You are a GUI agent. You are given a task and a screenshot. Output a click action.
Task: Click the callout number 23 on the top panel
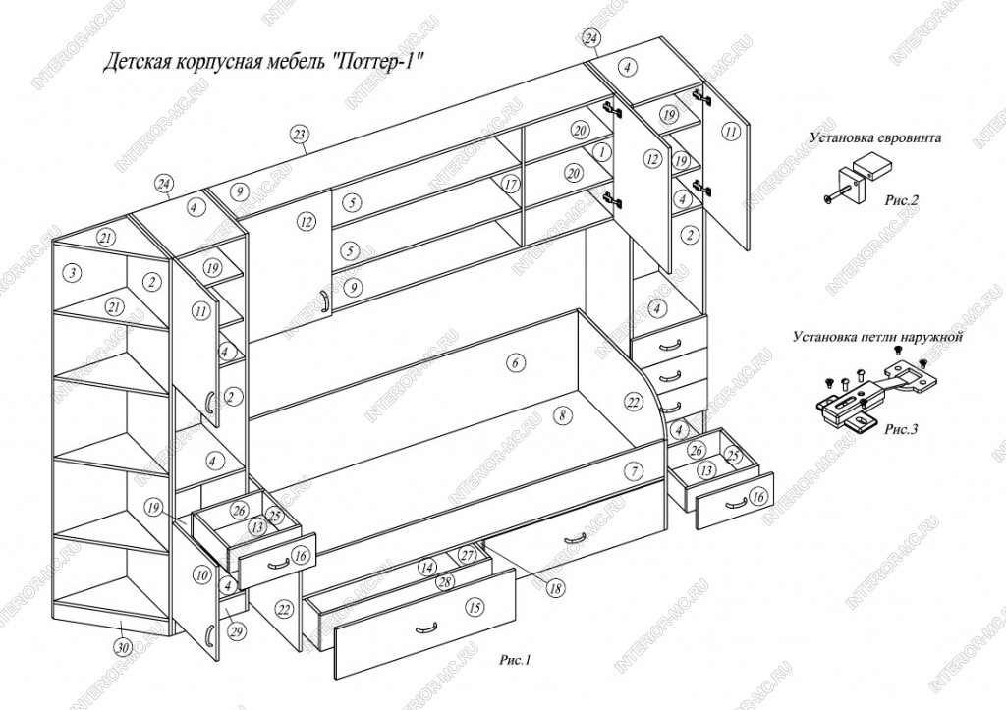(299, 135)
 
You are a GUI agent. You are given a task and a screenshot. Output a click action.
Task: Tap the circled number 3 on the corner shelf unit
(74, 273)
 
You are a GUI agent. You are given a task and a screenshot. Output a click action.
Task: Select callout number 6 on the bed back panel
(515, 363)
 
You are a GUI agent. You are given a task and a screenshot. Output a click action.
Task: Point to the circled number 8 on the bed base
(562, 415)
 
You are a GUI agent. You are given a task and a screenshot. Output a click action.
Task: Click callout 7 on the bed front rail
(634, 471)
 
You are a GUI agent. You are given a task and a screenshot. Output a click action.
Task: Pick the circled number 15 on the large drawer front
(475, 608)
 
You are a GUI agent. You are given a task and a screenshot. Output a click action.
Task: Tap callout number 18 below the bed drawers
(556, 587)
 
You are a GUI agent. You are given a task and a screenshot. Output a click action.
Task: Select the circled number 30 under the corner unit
(124, 647)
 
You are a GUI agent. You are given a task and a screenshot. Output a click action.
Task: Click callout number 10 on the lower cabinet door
(202, 574)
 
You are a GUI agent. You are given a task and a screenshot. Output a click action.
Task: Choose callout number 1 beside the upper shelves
(602, 152)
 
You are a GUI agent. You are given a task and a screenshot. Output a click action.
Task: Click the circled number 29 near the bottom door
(237, 631)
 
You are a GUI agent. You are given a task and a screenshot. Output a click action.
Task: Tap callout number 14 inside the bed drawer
(427, 568)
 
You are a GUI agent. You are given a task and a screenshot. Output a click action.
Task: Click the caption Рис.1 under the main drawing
(515, 660)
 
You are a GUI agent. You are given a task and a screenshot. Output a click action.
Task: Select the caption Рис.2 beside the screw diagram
(902, 200)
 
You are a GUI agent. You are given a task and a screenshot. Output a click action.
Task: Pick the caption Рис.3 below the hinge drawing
(901, 429)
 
